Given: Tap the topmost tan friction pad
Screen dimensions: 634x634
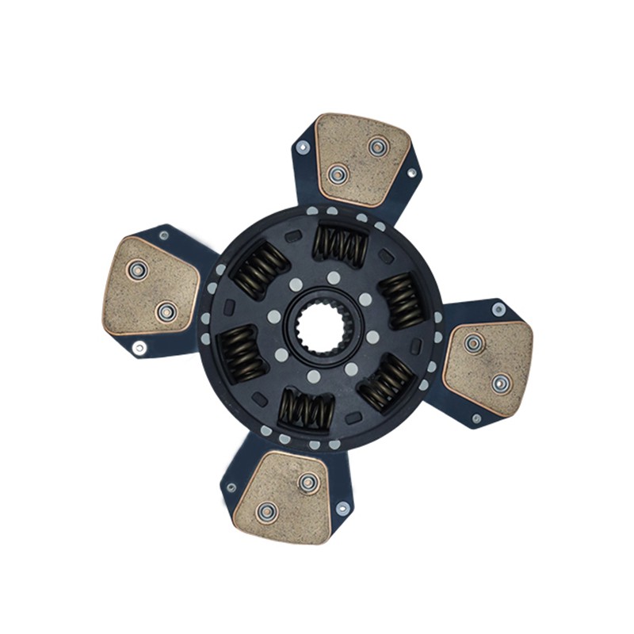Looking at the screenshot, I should tap(362, 159).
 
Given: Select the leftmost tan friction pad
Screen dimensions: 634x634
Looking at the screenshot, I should tap(151, 285).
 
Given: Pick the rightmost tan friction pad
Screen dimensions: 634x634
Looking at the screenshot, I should tap(488, 365).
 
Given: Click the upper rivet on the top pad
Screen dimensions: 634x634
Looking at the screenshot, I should tap(378, 146).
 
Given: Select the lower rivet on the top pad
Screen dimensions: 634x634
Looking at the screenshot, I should tap(338, 173).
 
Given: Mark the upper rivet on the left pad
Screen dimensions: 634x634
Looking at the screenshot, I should tap(138, 270).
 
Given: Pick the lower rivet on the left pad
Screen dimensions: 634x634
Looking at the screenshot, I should tap(166, 312).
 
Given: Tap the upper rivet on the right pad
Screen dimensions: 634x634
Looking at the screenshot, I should tap(474, 343).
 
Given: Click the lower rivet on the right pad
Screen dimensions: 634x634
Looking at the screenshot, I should tap(501, 384).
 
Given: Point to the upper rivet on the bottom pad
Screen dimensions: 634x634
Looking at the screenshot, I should tap(308, 481).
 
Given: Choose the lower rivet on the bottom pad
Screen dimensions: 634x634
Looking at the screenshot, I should tap(268, 511).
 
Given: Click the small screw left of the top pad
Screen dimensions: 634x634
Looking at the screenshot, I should tap(302, 147).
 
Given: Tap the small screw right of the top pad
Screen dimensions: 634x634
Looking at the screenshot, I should tap(411, 172).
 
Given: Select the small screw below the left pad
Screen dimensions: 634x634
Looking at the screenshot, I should tap(139, 347).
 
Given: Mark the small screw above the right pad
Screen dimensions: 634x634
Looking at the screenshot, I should tap(498, 309).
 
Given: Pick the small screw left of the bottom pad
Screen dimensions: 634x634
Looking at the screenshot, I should tap(231, 487).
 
